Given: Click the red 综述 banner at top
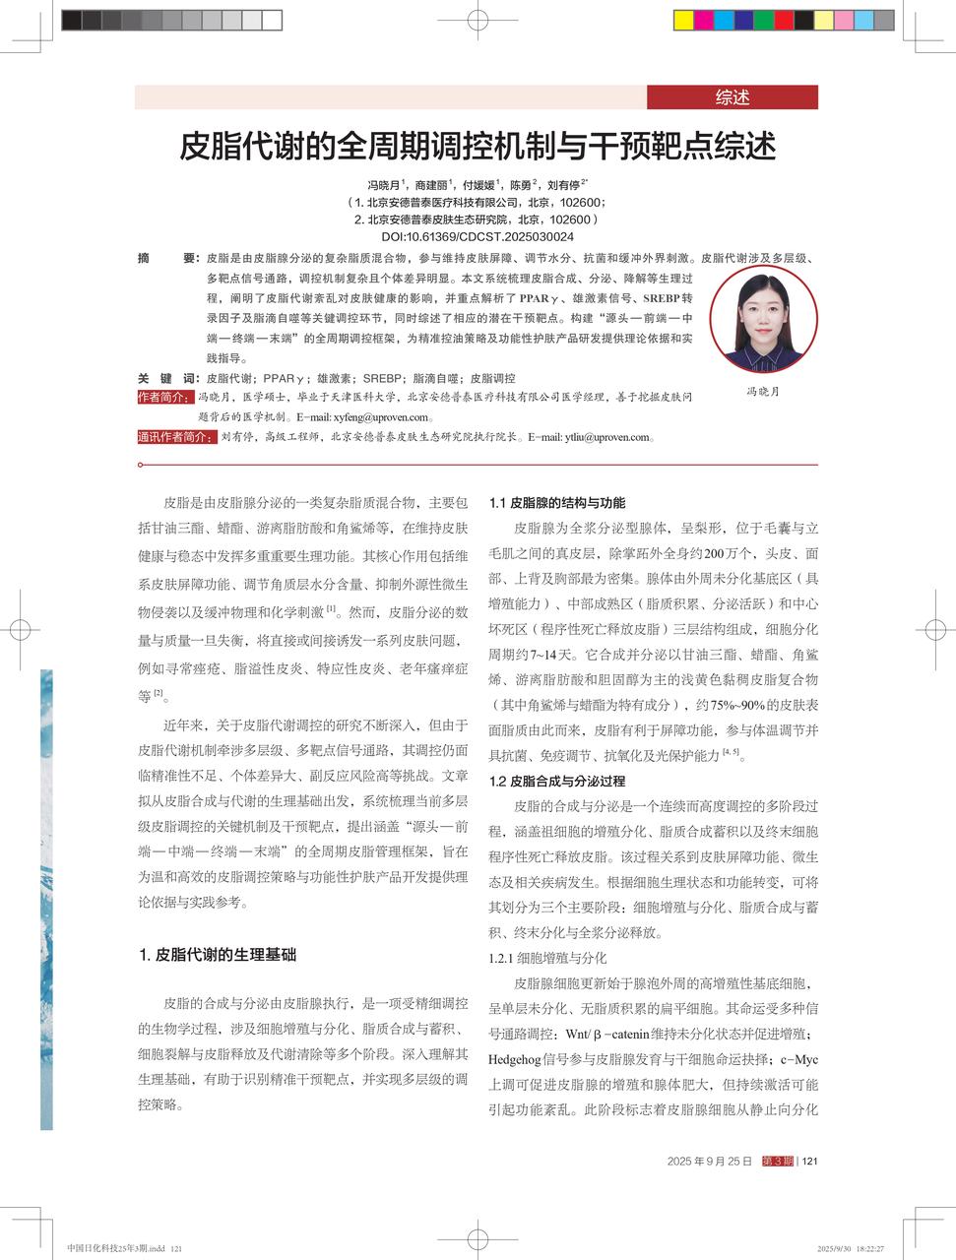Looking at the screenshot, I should pos(732,97).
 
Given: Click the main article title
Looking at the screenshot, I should pos(477,147).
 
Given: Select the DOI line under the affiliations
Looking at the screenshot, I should pos(477,237).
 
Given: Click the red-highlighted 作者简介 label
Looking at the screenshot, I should pos(164,397).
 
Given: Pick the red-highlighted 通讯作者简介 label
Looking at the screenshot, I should pos(175,437).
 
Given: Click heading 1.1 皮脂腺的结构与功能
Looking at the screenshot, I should pos(556,503).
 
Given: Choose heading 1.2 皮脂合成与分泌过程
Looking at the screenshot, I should pos(556,782).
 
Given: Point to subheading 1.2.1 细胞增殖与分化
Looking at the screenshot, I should pos(547,958).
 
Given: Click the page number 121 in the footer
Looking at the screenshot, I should pos(810,1162).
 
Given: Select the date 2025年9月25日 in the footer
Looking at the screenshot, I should pos(709,1162).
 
